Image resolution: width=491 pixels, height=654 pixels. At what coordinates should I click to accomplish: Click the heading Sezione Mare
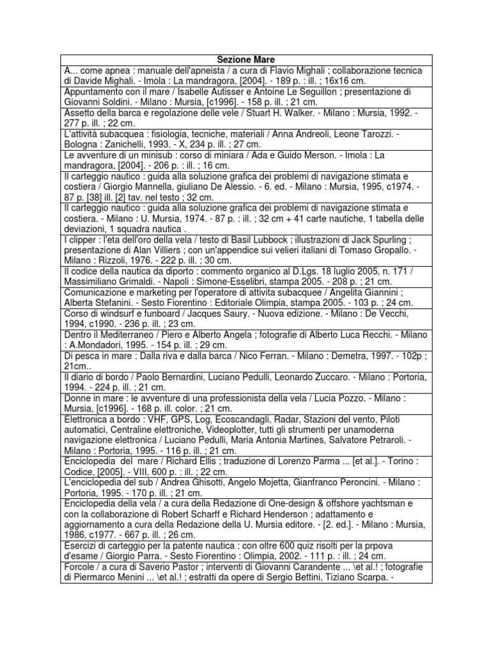point(245,59)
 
